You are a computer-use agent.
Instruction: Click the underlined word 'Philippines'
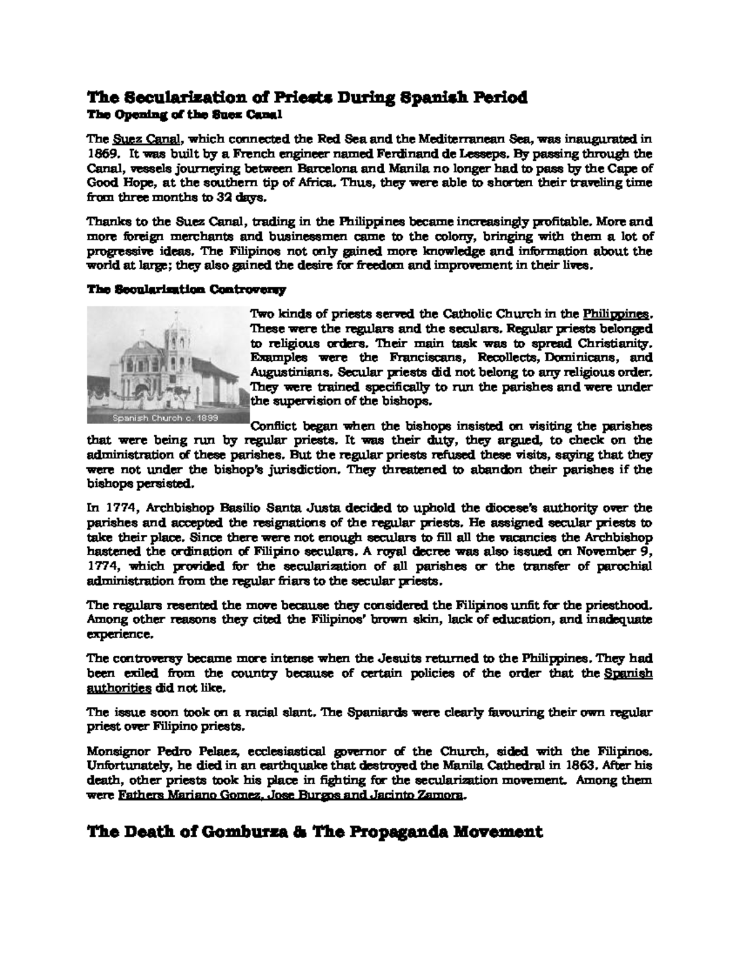(x=616, y=312)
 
